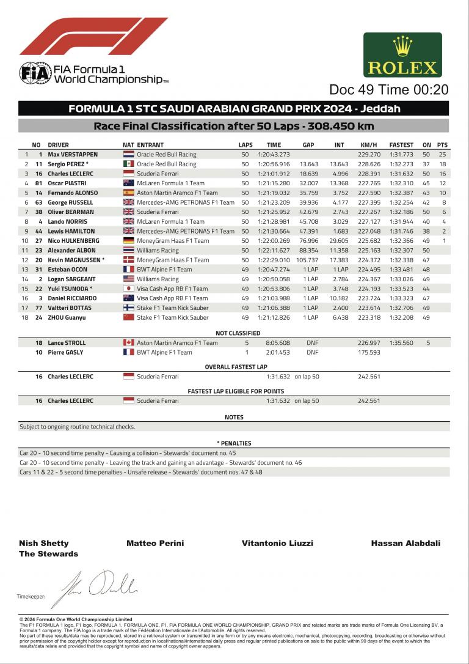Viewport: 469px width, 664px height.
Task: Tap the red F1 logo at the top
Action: tap(93, 37)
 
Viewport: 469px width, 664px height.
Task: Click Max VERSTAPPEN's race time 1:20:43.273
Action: tap(274, 155)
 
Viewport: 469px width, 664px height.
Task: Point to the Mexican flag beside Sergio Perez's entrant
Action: tap(128, 164)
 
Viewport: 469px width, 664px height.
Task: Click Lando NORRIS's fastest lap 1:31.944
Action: tap(401, 221)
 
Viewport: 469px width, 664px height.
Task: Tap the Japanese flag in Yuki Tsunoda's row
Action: tap(128, 289)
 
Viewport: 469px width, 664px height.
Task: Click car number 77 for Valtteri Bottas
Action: tap(38, 308)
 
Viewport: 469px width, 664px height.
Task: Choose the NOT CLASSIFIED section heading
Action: tap(238, 333)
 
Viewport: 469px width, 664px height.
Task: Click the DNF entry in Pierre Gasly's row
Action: tap(311, 352)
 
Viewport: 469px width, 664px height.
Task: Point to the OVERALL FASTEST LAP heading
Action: tap(236, 367)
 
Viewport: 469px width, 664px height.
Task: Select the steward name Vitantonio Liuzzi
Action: tap(277, 543)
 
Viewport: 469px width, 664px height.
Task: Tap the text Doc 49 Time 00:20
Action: tap(389, 89)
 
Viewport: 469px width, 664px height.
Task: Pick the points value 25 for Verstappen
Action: tap(443, 155)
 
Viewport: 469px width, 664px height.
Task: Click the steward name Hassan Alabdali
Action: tap(405, 543)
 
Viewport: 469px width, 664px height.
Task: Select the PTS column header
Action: tap(443, 145)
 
